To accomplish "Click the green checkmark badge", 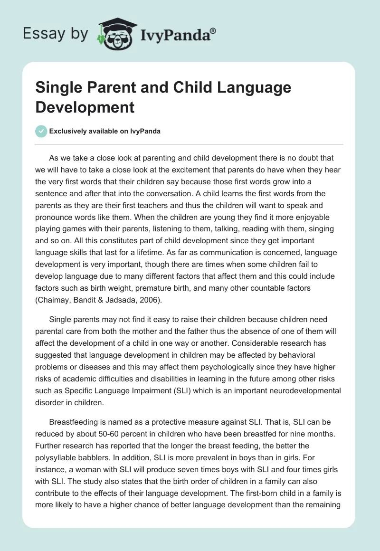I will click(x=41, y=131).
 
